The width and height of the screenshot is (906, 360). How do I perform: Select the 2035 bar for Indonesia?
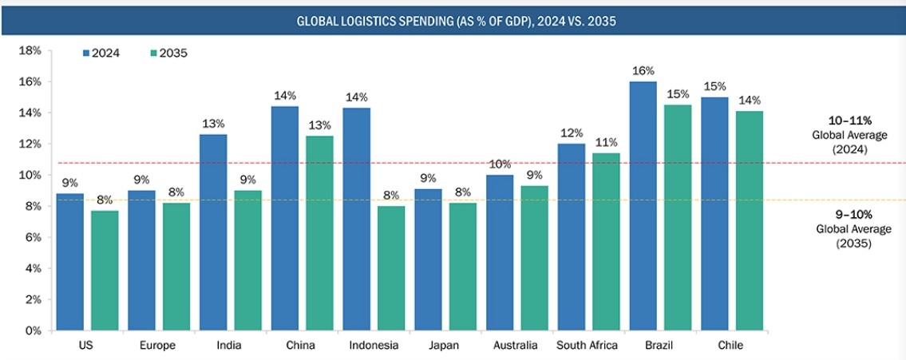click(392, 268)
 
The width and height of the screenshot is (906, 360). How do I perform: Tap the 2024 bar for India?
click(213, 232)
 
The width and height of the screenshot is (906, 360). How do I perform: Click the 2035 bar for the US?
click(105, 271)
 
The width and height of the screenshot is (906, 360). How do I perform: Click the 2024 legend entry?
click(101, 53)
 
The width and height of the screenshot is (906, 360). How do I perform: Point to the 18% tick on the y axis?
click(30, 50)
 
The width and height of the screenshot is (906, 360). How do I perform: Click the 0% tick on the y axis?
click(32, 330)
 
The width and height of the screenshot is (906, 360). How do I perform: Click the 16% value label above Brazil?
click(643, 70)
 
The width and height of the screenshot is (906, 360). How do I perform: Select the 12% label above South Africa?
click(572, 133)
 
